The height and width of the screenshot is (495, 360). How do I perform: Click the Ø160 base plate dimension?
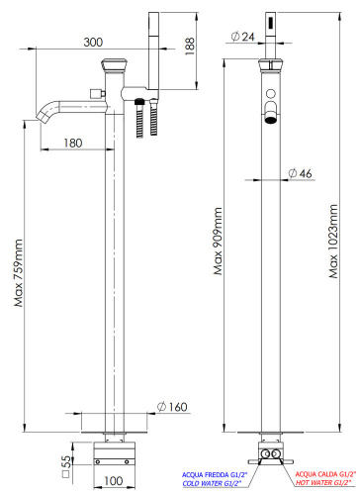(x=173, y=408)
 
